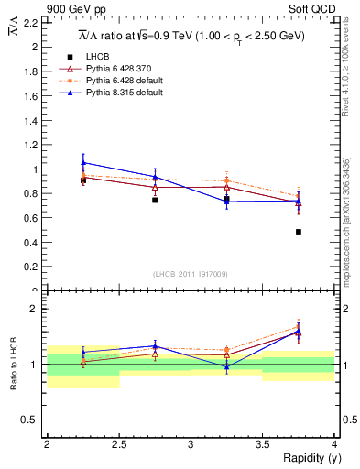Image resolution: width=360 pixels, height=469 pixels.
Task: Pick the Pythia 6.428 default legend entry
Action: (x=112, y=81)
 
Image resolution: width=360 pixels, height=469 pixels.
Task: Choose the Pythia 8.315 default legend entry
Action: (x=112, y=93)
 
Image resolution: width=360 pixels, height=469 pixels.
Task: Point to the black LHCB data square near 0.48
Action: (x=299, y=232)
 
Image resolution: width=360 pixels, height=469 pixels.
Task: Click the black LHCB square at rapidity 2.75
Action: (x=155, y=200)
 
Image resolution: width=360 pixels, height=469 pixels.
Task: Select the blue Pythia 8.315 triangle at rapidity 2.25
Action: (x=83, y=162)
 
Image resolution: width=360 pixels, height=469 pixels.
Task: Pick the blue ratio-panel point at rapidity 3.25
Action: (x=226, y=366)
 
